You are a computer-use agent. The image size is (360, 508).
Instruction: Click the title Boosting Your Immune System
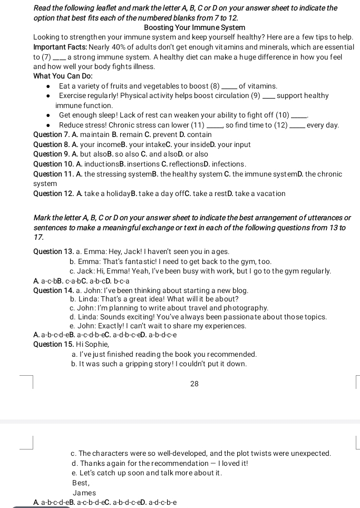pos(187,27)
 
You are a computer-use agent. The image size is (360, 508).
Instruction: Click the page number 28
pos(194,384)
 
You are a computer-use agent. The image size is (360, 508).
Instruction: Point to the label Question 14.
pos(52,290)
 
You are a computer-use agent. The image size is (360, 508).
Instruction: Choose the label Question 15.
pos(52,344)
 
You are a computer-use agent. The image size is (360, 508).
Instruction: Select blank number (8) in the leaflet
pos(215,86)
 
